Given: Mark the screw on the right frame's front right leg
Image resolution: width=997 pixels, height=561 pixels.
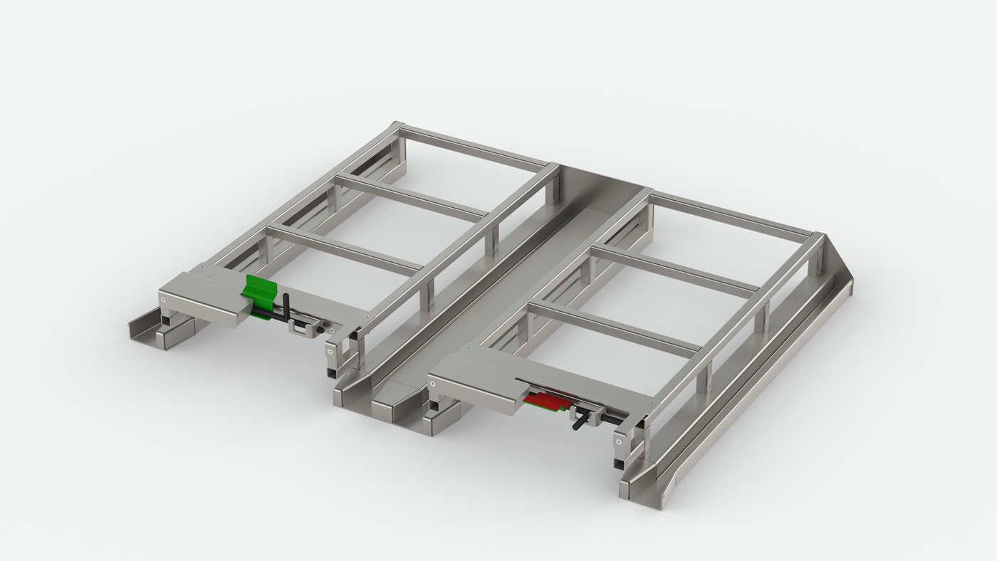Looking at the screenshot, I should (x=620, y=441).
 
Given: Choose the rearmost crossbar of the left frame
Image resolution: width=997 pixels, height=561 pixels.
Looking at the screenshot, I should (x=474, y=149).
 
